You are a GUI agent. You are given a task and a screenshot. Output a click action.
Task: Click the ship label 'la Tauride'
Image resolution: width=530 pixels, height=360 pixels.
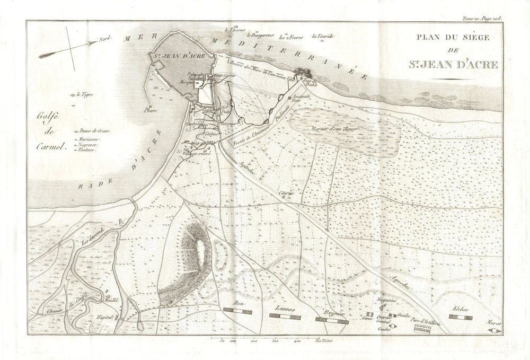[323, 37]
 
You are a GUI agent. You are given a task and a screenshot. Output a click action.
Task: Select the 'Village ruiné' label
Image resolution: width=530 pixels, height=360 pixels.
[197, 153]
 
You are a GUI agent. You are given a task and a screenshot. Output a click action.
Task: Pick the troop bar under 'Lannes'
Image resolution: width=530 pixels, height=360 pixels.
[285, 317]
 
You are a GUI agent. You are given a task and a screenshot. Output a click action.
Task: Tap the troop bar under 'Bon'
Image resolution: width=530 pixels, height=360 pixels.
[239, 309]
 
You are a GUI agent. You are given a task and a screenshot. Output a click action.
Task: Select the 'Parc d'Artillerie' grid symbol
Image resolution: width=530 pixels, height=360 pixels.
[421, 329]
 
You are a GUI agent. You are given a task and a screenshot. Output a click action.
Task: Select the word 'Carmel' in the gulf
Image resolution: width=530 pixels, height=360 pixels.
[54, 148]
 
